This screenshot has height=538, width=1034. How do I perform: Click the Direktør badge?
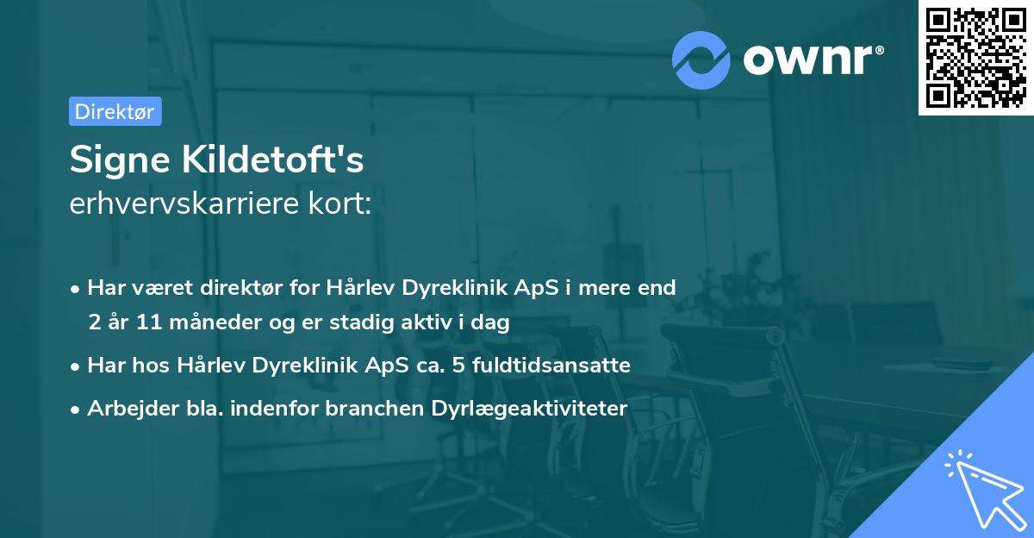click(x=115, y=111)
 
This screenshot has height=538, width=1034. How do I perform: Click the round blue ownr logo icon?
click(x=701, y=59)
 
